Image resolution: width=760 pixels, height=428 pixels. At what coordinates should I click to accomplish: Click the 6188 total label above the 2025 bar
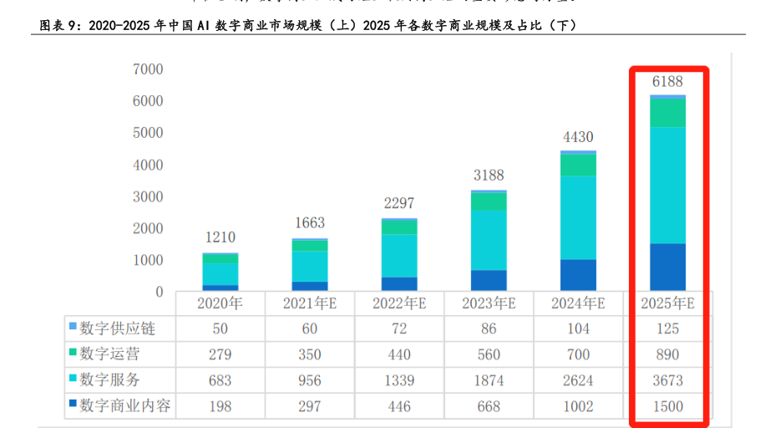click(x=667, y=81)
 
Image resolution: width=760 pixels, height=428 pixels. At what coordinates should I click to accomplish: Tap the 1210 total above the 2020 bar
click(x=220, y=237)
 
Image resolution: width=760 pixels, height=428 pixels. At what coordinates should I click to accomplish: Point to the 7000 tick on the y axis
click(x=147, y=69)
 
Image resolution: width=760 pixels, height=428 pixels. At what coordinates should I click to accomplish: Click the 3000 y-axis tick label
click(x=147, y=196)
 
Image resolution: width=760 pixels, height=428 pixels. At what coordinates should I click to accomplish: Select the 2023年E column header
click(x=489, y=303)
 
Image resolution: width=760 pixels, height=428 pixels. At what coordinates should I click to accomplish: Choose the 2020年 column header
click(x=220, y=303)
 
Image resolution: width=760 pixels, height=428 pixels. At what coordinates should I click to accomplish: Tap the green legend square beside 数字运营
click(x=73, y=354)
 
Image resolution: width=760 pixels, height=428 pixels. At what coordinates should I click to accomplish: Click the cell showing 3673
click(x=667, y=380)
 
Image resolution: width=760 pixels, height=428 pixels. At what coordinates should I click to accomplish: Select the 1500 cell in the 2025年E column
click(x=667, y=406)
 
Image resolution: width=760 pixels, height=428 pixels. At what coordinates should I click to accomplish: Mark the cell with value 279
click(x=220, y=354)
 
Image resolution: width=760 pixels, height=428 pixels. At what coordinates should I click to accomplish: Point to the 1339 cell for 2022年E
click(x=399, y=380)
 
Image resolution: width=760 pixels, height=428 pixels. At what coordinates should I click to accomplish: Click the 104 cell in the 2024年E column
click(x=578, y=329)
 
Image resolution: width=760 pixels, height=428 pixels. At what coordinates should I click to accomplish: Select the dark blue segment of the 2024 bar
click(x=578, y=274)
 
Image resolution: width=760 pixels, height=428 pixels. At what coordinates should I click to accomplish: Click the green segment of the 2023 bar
click(x=489, y=201)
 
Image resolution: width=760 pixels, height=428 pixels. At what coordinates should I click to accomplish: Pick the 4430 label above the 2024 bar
click(x=578, y=137)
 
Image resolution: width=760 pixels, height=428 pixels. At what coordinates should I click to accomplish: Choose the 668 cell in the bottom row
click(x=489, y=406)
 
